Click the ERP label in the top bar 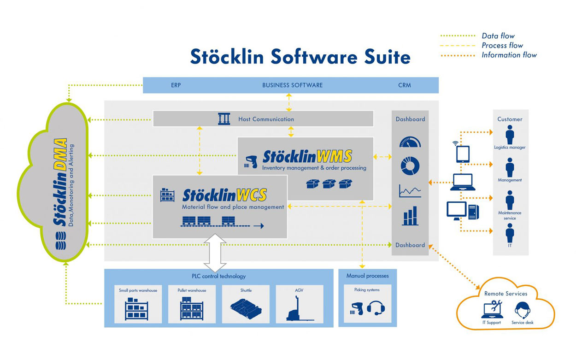pyautogui.click(x=176, y=85)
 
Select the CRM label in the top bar pyautogui.click(x=404, y=85)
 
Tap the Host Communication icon pyautogui.click(x=224, y=119)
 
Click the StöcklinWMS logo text pyautogui.click(x=307, y=156)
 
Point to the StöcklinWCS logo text pyautogui.click(x=224, y=195)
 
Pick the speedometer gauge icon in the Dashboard pyautogui.click(x=410, y=142)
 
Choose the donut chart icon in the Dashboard pyautogui.click(x=410, y=166)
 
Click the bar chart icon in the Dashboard pyautogui.click(x=410, y=216)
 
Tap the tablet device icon pyautogui.click(x=463, y=154)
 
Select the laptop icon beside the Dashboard pyautogui.click(x=462, y=183)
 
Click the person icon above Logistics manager pyautogui.click(x=510, y=135)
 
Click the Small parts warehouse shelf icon pyautogui.click(x=137, y=309)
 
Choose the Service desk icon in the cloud pyautogui.click(x=522, y=310)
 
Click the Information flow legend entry pyautogui.click(x=509, y=55)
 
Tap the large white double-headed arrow pyautogui.click(x=215, y=253)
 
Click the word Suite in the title pyautogui.click(x=386, y=57)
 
